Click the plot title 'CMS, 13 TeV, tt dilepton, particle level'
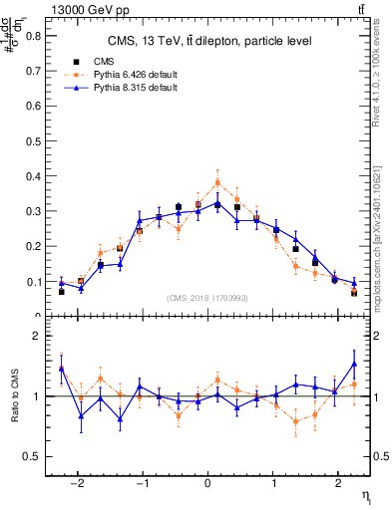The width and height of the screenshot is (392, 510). pos(209,41)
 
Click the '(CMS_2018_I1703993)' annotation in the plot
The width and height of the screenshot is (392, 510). pos(208,298)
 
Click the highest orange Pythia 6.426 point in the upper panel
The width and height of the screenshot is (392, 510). pos(217,182)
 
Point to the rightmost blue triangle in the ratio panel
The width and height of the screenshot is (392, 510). pos(353,364)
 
